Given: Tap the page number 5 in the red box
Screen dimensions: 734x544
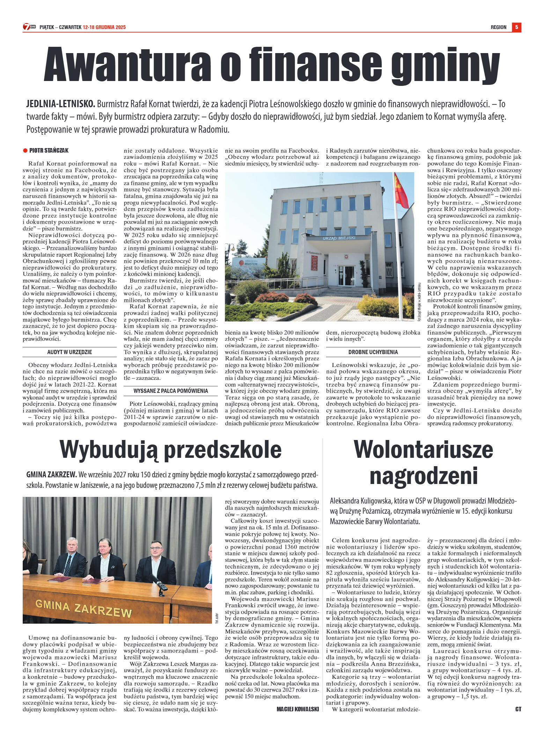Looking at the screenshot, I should (x=516, y=27).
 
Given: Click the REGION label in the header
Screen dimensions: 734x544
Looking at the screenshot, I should (x=498, y=27).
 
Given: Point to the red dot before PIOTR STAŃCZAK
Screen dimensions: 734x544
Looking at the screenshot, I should (x=25, y=151).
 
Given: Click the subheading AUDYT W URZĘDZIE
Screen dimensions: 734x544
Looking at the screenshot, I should (x=69, y=352).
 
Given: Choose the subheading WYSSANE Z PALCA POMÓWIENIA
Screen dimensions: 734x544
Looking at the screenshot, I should (x=171, y=391).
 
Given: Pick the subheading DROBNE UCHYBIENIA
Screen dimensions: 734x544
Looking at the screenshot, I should (x=373, y=352).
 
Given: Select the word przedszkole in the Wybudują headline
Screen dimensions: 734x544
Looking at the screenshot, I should (x=223, y=450).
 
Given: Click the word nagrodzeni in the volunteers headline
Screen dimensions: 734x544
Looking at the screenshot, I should (x=423, y=476).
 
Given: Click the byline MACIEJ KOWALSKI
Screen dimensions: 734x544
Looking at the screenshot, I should (x=297, y=709).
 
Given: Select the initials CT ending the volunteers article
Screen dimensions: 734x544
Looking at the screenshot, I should (x=518, y=709).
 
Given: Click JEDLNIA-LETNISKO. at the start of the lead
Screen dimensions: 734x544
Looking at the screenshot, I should (x=60, y=104).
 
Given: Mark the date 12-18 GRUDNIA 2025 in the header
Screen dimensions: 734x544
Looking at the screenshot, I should (x=104, y=27).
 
